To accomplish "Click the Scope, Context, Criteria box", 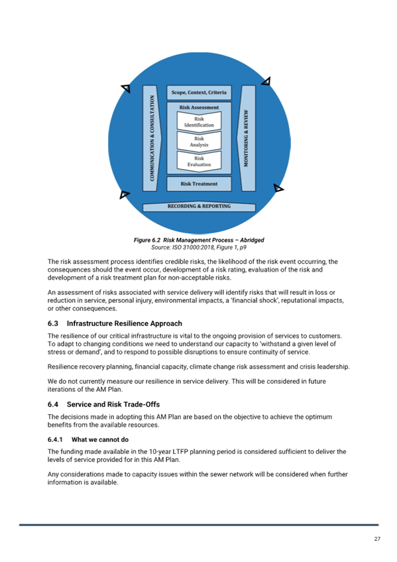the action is pyautogui.click(x=199, y=93).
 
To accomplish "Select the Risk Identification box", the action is pyautogui.click(x=199, y=121).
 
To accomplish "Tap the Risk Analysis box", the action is pyautogui.click(x=199, y=141).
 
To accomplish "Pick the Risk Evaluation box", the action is pyautogui.click(x=199, y=161).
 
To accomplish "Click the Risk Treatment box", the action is pyautogui.click(x=199, y=184).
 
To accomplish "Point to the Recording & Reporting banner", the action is pyautogui.click(x=199, y=207).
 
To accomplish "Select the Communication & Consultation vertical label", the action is pyautogui.click(x=152, y=138).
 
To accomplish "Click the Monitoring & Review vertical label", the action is pyautogui.click(x=246, y=138).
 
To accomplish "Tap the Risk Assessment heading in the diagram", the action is pyautogui.click(x=199, y=107).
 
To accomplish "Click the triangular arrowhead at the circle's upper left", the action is pyautogui.click(x=126, y=87).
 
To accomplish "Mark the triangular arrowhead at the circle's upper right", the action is pyautogui.click(x=266, y=82).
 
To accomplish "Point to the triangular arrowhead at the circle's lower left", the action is pyautogui.click(x=124, y=194).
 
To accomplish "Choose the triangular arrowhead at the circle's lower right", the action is pyautogui.click(x=278, y=188).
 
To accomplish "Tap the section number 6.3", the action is pyautogui.click(x=52, y=323).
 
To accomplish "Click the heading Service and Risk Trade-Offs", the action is pyautogui.click(x=113, y=404).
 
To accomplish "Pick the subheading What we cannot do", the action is pyautogui.click(x=100, y=439).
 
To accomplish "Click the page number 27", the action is pyautogui.click(x=377, y=539).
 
